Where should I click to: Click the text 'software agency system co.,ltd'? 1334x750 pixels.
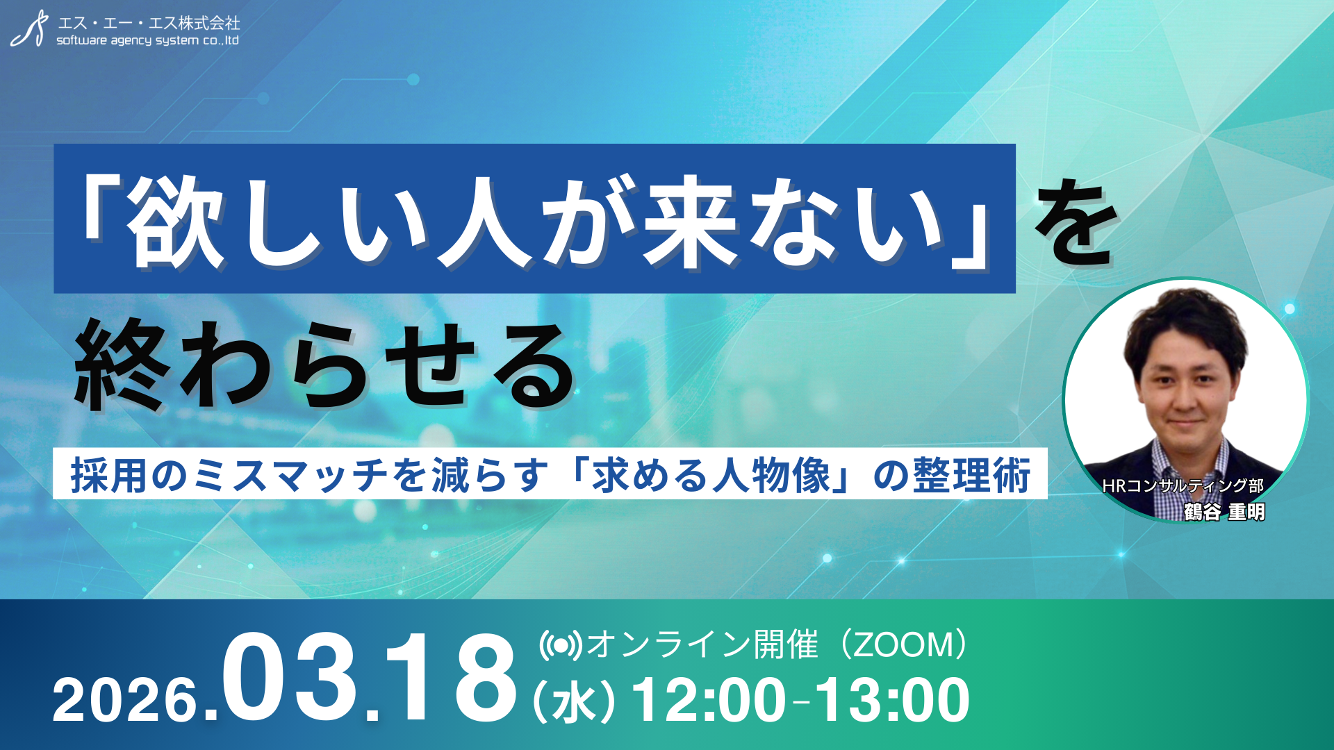(x=147, y=40)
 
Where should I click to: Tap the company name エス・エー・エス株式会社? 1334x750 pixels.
(x=149, y=22)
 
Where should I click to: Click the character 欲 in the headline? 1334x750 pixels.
(x=176, y=222)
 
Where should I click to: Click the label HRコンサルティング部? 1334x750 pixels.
(x=1183, y=486)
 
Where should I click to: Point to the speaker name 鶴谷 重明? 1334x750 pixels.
(x=1224, y=512)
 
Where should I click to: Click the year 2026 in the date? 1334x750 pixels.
(x=125, y=700)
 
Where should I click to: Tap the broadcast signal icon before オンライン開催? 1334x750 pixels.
(x=560, y=645)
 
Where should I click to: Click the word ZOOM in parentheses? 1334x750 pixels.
(x=903, y=645)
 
